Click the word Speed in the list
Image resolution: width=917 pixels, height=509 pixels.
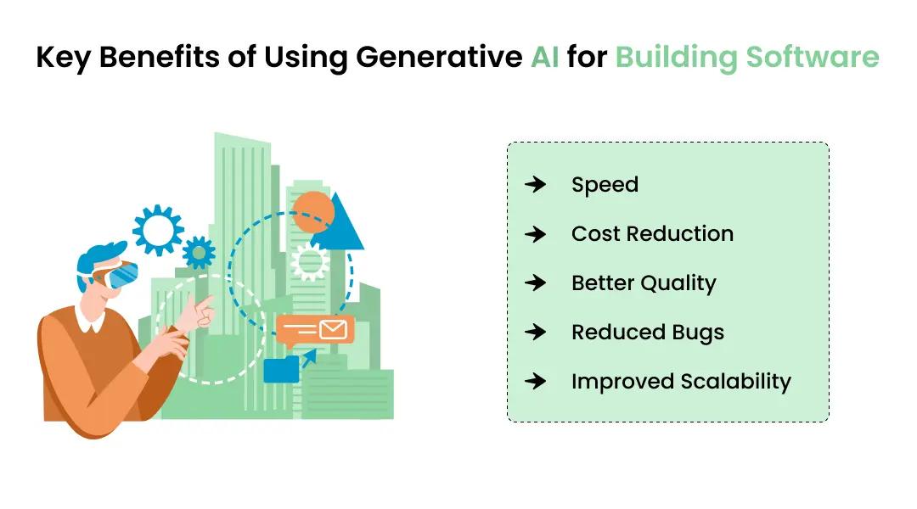pos(605,185)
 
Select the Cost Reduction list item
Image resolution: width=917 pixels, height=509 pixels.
pos(652,234)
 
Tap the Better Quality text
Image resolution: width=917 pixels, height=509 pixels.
pos(644,283)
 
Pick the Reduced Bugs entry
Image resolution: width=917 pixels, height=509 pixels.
pos(648,333)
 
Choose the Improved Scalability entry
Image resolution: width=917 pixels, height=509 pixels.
pos(681,382)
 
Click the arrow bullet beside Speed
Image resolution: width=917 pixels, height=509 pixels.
pos(535,185)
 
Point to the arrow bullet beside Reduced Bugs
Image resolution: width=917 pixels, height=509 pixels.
pos(535,333)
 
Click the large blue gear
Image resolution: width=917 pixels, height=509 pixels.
pos(158,229)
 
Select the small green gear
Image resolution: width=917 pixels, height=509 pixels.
pos(199,252)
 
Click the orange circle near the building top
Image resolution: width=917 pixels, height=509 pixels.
pos(312,212)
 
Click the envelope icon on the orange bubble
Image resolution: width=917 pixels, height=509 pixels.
pos(333,328)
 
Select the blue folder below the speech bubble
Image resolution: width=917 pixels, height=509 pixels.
pos(280,370)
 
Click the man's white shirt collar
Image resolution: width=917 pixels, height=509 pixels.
pos(90,320)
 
